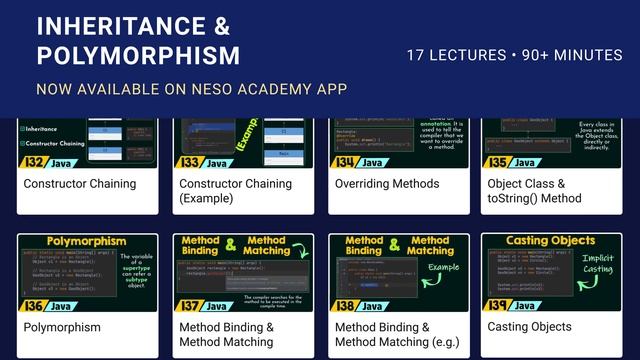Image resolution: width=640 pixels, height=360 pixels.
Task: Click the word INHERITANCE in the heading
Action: (121, 24)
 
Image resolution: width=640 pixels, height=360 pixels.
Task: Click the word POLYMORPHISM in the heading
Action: (138, 54)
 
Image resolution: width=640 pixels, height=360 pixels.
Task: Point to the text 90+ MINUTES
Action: (579, 55)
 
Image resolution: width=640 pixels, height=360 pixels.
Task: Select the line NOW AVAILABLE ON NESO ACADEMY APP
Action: (191, 89)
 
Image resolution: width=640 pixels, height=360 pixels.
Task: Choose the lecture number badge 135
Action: (498, 162)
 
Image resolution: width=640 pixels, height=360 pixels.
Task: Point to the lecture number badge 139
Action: (498, 306)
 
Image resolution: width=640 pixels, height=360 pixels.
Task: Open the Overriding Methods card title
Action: (386, 184)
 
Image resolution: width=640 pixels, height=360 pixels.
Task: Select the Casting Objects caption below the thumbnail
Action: (530, 327)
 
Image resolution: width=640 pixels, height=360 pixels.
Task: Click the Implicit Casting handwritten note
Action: (598, 264)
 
